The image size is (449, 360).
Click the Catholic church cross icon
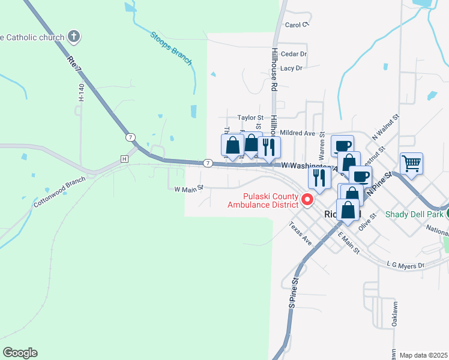(74, 37)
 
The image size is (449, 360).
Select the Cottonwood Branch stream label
(60, 192)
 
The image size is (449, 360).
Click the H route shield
(124, 158)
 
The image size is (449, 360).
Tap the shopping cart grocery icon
(412, 163)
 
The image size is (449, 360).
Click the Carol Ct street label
(296, 25)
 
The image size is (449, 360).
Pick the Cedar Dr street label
(294, 54)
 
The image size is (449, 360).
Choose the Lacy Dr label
(291, 68)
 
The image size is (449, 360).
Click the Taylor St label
(250, 118)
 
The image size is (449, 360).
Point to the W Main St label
(189, 189)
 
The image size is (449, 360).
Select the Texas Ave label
(300, 234)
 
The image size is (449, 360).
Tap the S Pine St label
(294, 292)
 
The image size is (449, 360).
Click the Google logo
(20, 353)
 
